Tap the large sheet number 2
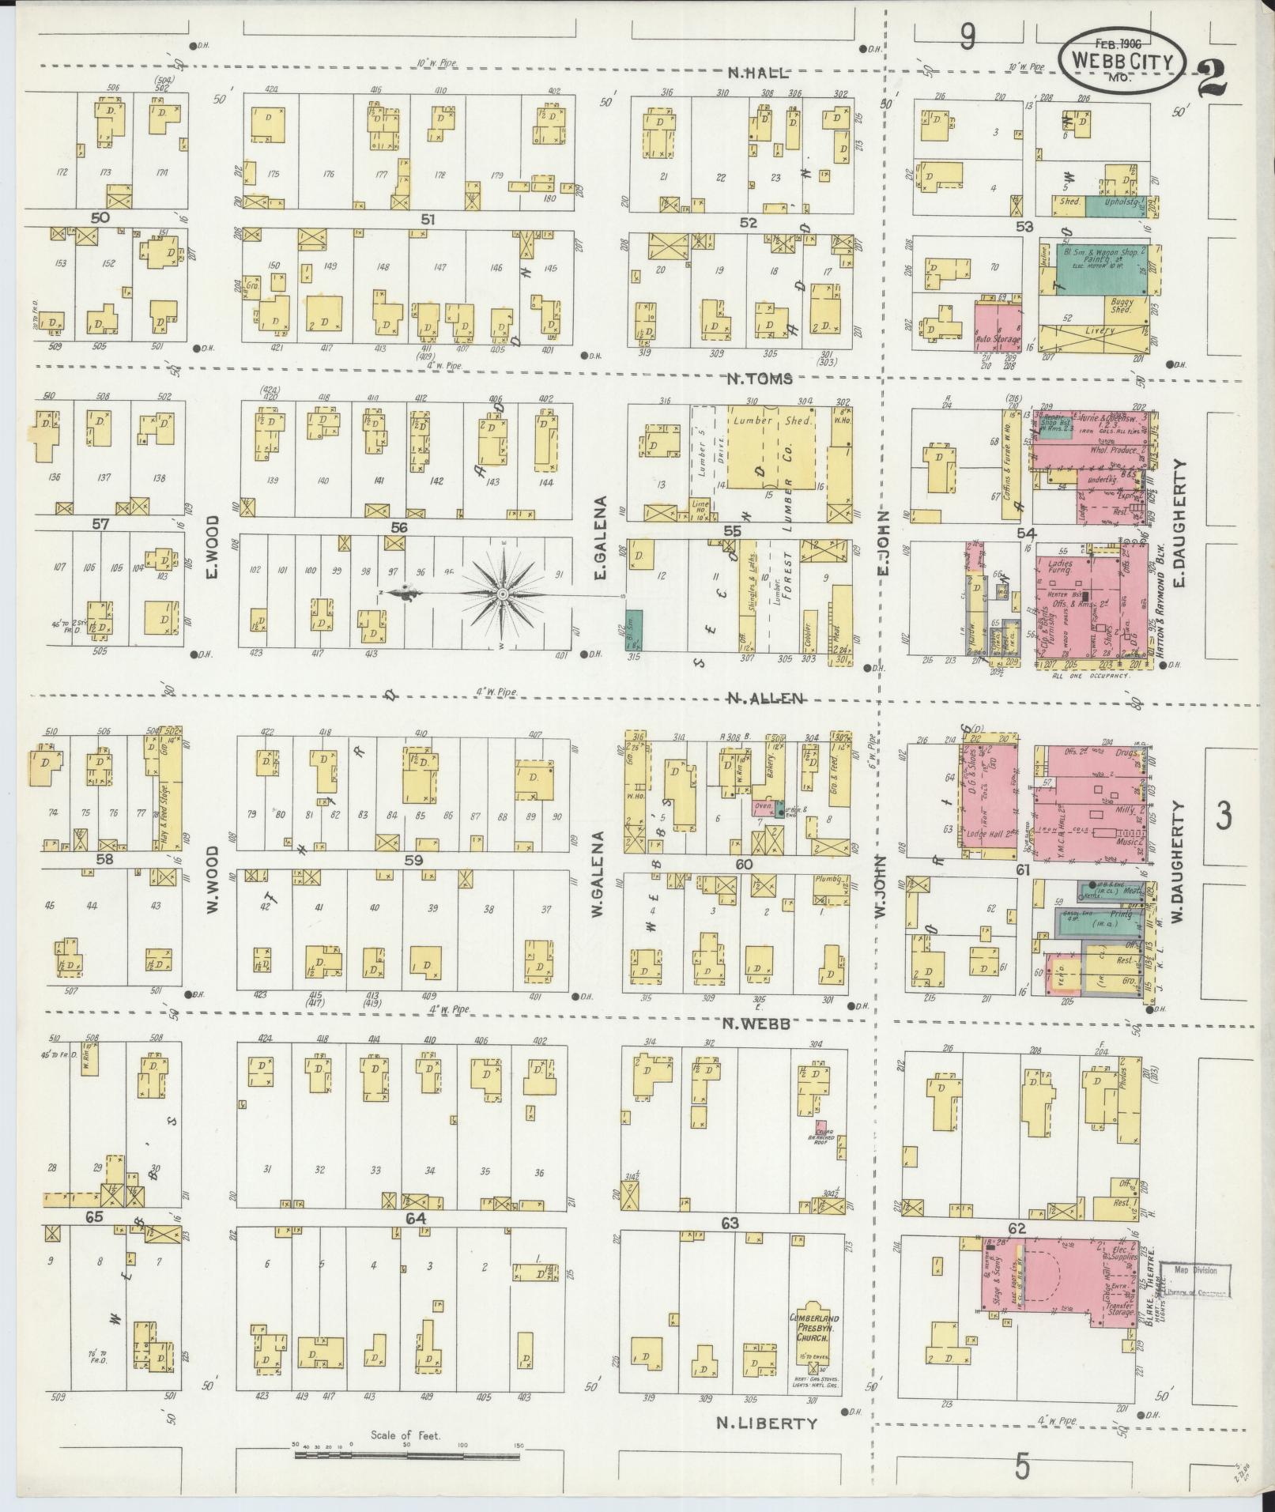point(1213,78)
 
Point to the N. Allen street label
point(764,698)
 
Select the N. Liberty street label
point(765,1423)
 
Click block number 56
point(398,527)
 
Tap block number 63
point(729,1224)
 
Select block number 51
point(428,219)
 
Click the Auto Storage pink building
point(998,324)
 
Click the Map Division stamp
point(1198,1280)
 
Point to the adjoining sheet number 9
point(967,36)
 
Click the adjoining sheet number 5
point(1023,1467)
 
